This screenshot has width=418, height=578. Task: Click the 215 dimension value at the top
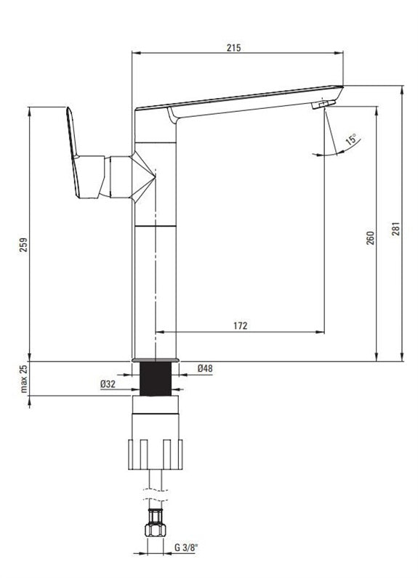[x=233, y=47]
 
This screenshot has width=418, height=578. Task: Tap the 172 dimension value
[x=241, y=326]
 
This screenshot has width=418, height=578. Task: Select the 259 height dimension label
[x=23, y=245]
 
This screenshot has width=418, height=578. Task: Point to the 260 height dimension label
[x=371, y=238]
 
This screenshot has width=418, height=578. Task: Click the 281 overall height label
[x=395, y=229]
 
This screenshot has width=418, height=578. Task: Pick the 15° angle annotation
[x=351, y=139]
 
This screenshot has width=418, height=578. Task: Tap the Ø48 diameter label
[x=205, y=368]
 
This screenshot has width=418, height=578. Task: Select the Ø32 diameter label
[x=108, y=384]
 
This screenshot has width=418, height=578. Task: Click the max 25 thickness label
[x=23, y=379]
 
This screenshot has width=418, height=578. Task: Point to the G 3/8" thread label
[x=186, y=548]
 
